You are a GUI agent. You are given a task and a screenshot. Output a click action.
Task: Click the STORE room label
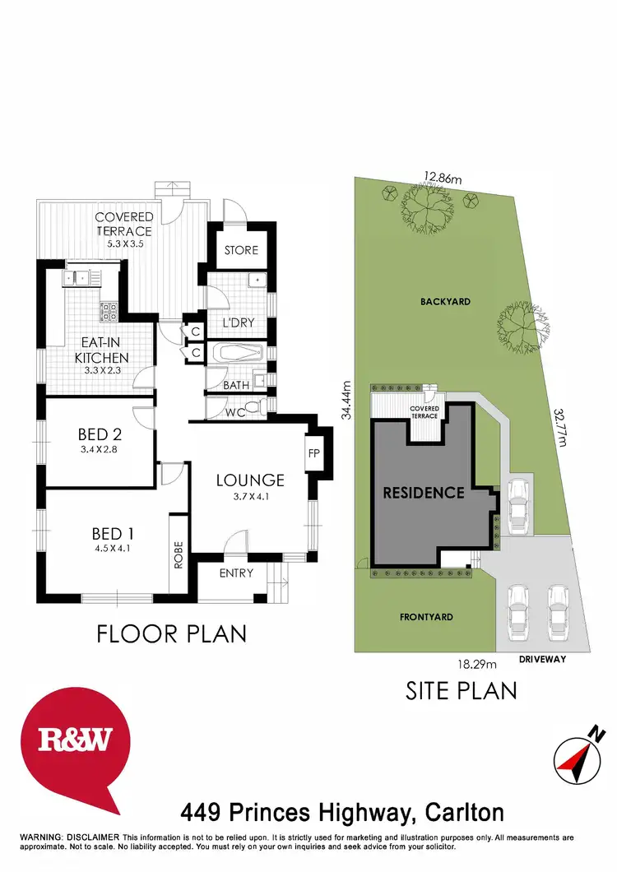241,250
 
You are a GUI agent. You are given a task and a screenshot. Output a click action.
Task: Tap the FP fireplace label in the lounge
313,452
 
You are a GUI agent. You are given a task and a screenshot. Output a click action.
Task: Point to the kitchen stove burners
108,311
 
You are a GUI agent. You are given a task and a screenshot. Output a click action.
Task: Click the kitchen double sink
81,278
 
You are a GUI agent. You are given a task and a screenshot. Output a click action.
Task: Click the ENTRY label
236,573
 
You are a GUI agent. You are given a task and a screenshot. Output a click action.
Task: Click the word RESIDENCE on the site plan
424,494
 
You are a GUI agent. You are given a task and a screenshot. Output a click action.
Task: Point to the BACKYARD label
445,302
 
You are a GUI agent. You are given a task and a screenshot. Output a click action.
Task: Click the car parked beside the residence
517,503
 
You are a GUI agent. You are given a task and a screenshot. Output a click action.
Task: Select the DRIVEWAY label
542,659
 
